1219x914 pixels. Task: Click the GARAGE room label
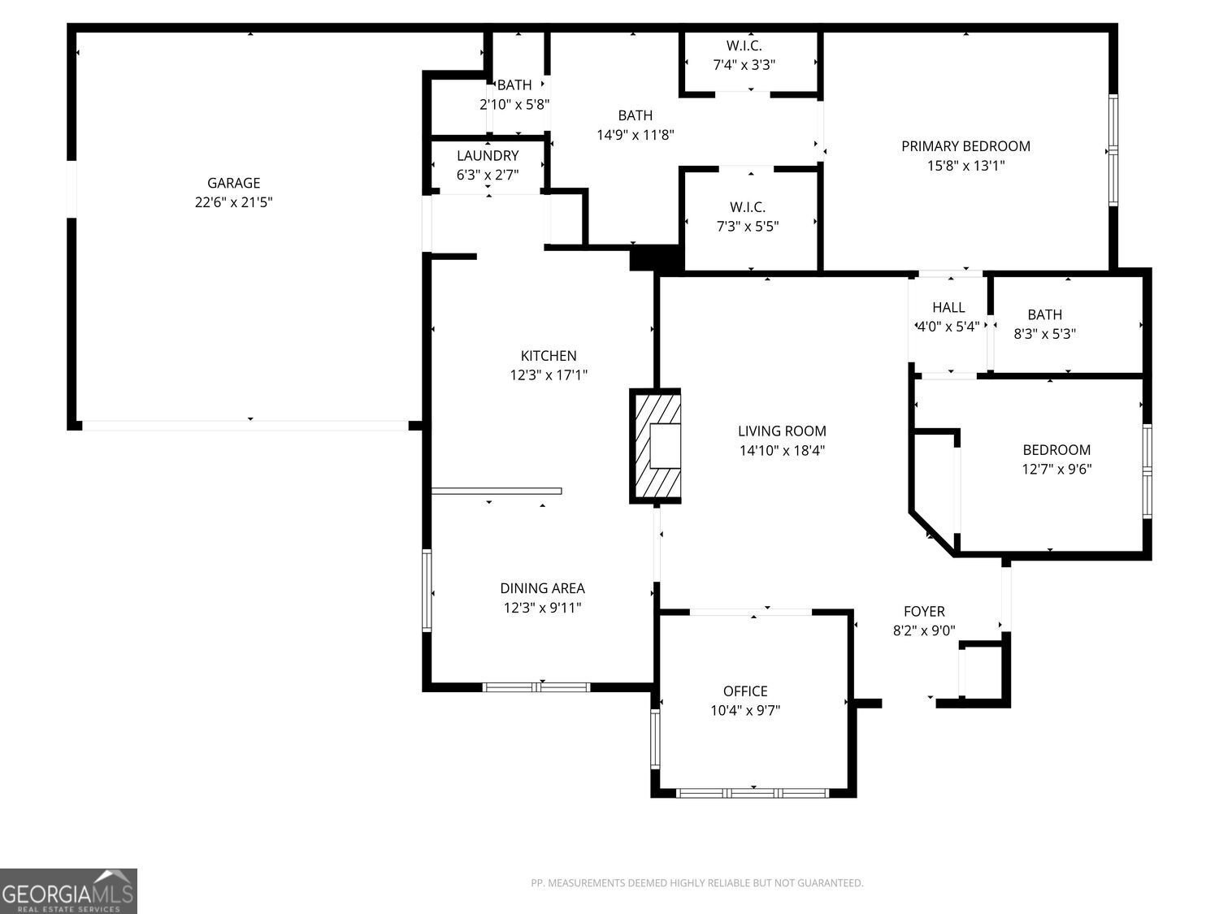[x=233, y=183]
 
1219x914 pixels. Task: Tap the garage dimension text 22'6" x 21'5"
[x=233, y=202]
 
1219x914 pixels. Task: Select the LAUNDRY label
[x=487, y=156]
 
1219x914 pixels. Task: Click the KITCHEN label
[x=549, y=356]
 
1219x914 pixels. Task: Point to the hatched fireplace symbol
[x=655, y=447]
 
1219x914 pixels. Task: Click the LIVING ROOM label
[x=782, y=431]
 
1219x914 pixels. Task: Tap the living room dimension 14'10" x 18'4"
[x=782, y=451]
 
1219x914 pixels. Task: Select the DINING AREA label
[x=542, y=588]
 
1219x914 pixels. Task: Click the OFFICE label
[x=745, y=691]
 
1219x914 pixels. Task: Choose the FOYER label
[x=924, y=612]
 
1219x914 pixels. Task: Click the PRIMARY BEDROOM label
[x=965, y=146]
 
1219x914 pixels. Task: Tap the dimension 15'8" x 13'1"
[x=965, y=166]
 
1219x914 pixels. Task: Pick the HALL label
[x=948, y=307]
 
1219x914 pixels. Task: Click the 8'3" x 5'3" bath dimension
[x=1044, y=333]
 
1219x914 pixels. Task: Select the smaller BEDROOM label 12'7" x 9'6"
[x=1056, y=450]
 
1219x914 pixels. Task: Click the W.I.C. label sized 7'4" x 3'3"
[x=744, y=45]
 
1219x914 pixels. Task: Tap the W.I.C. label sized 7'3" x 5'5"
[x=747, y=207]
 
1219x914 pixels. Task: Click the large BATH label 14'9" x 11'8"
[x=635, y=115]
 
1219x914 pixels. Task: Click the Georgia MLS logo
[x=68, y=891]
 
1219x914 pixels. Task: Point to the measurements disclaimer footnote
[x=696, y=883]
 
